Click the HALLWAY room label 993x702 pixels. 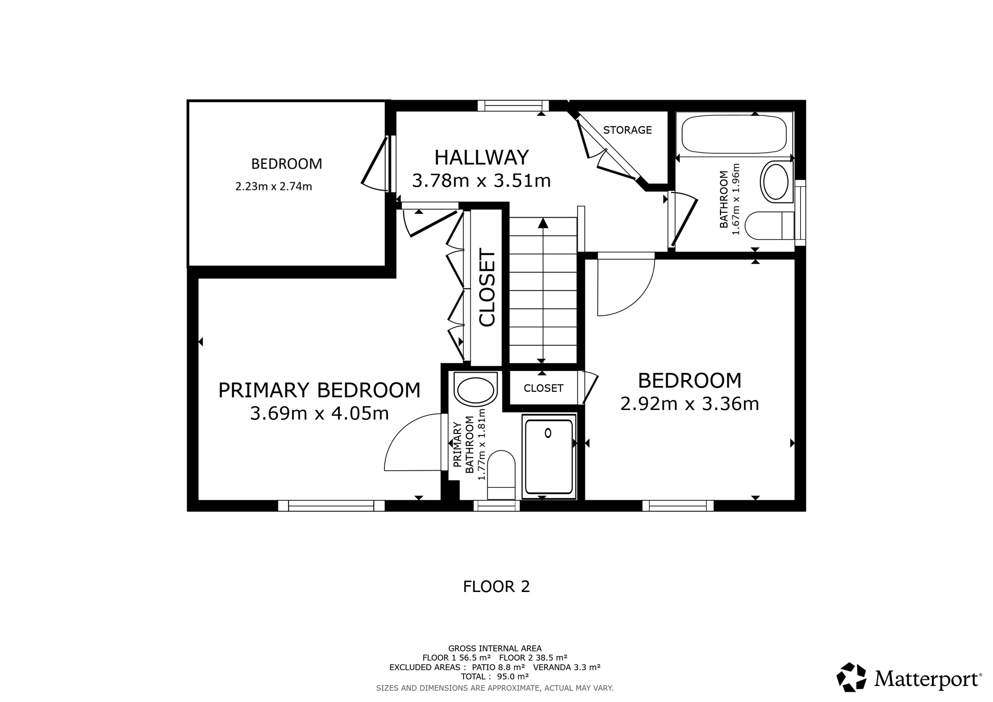481,158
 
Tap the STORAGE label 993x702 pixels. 627,130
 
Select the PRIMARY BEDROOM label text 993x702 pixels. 319,390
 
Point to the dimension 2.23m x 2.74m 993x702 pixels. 273,186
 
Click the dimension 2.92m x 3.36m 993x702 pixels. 689,403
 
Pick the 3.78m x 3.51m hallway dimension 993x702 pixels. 481,181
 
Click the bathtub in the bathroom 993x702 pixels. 734,133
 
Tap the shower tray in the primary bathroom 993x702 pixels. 549,456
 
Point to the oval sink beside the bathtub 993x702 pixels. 776,182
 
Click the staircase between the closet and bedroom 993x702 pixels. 543,290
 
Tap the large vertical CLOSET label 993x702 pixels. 487,287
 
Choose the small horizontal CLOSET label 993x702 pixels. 543,388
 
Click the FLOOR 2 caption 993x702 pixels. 496,587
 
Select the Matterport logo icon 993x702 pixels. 851,677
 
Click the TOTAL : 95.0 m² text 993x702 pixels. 495,676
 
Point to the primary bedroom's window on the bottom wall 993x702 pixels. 331,506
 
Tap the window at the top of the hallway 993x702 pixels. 513,106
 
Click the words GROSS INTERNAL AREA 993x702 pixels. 495,648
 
